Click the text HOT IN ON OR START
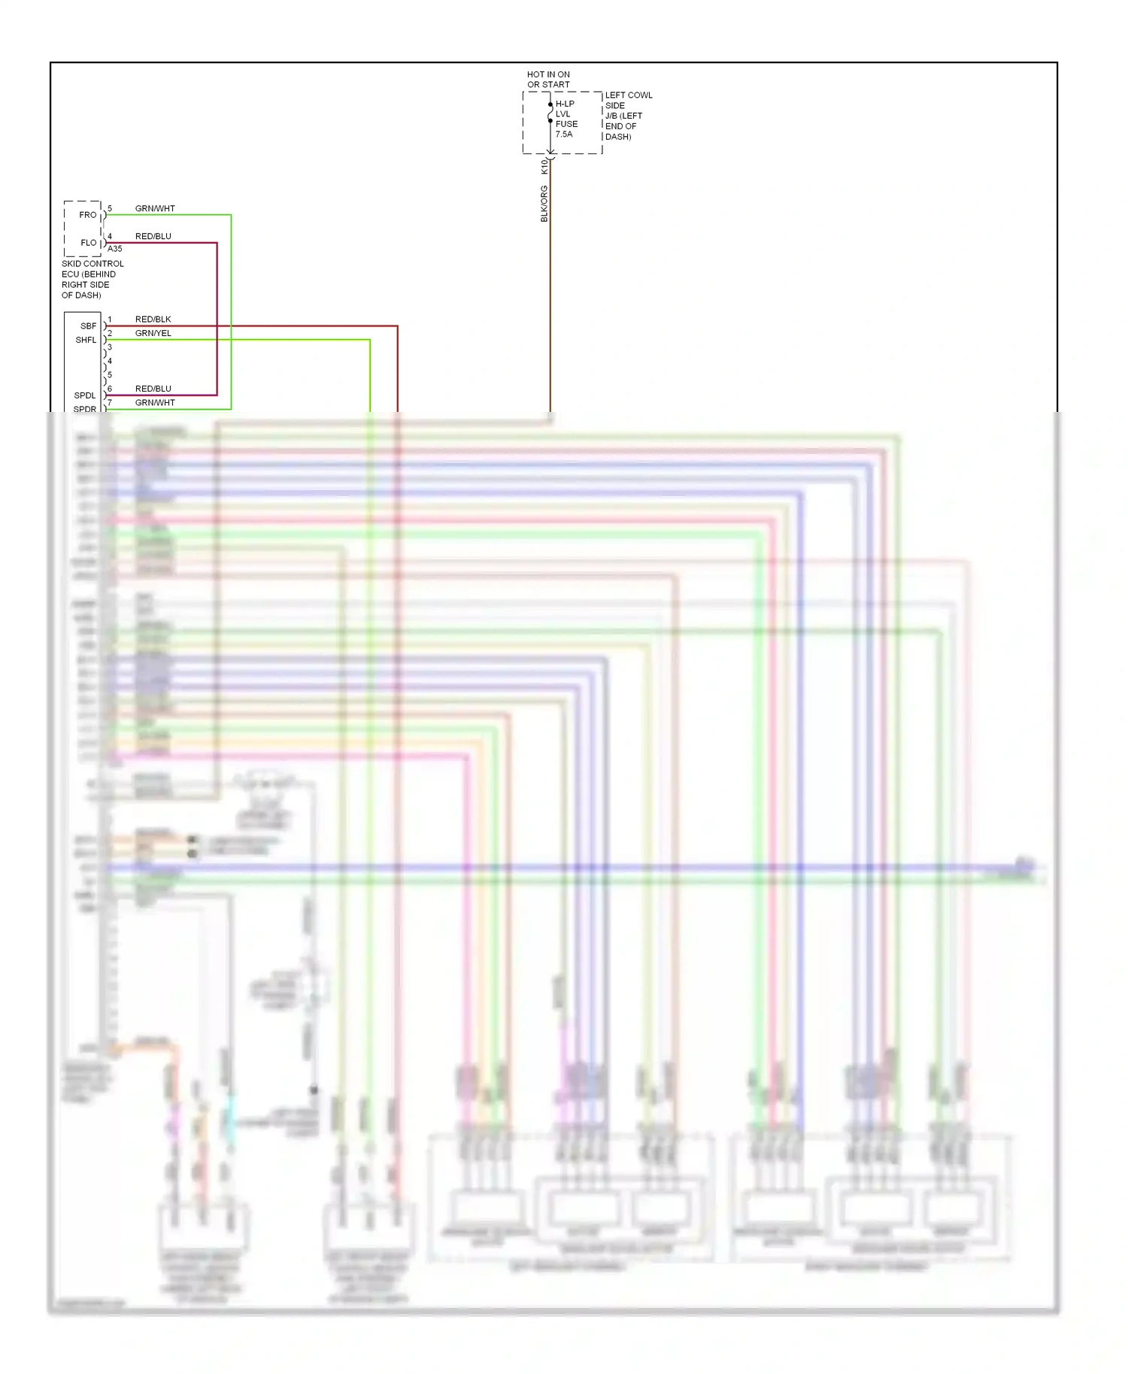548,80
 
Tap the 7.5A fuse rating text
564,135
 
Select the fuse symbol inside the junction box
550,113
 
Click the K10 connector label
544,166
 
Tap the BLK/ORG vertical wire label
544,204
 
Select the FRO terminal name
88,215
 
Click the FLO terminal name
89,243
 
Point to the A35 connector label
114,249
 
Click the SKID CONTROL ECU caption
92,280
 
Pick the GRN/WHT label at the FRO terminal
155,209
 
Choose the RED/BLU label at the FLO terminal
153,237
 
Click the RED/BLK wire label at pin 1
153,319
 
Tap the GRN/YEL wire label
153,334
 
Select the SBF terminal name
89,326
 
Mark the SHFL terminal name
86,340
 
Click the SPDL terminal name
85,395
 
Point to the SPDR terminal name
85,409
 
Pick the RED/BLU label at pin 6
153,389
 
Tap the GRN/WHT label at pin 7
155,403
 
